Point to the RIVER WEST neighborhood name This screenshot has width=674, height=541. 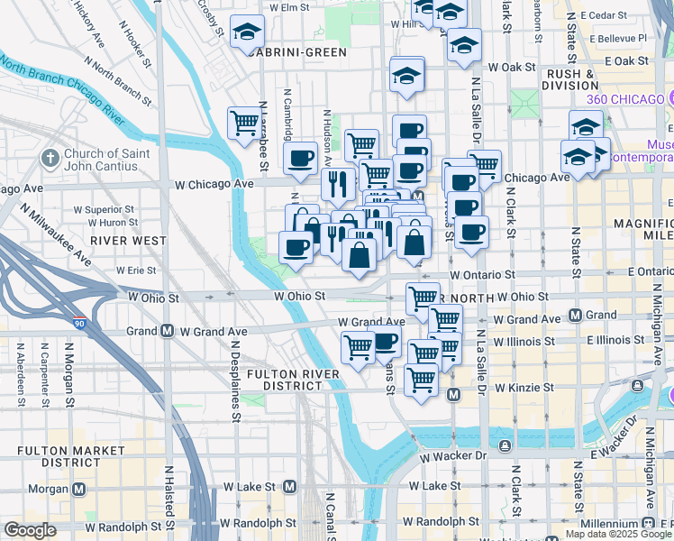coord(128,241)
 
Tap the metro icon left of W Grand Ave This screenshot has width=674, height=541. coord(168,331)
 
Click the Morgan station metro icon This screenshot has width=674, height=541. coord(80,489)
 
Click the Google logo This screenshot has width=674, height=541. coord(30,530)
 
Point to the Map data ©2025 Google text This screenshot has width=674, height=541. coord(618,534)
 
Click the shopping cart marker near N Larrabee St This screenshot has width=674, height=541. coord(244,124)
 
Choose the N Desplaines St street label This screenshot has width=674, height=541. coord(234,380)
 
